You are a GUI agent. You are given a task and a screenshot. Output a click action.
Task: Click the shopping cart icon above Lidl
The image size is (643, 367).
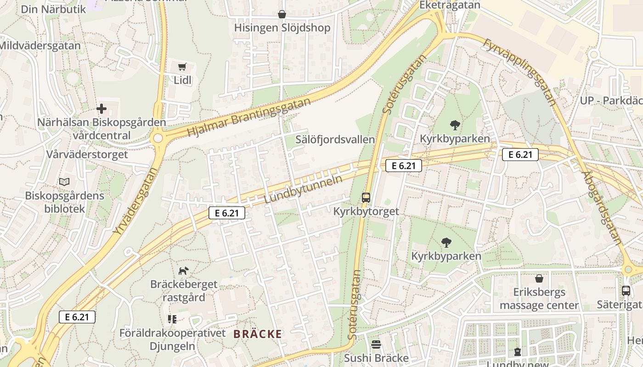click(x=182, y=67)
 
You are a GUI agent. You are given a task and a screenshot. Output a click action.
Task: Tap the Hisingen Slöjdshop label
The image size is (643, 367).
click(x=282, y=28)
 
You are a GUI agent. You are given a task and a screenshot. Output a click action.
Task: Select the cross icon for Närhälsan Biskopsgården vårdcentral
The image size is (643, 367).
click(x=102, y=109)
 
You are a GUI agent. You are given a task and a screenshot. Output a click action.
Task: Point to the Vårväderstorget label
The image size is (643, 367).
click(x=87, y=154)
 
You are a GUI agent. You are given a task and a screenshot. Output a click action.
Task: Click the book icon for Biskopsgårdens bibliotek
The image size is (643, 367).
click(x=65, y=182)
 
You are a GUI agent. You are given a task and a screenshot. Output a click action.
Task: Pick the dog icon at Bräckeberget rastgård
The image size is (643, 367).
click(x=184, y=271)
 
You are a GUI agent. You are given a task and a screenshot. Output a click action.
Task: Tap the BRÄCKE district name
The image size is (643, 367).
click(x=257, y=334)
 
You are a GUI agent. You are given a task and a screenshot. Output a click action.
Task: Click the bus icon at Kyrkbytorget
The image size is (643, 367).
click(x=366, y=198)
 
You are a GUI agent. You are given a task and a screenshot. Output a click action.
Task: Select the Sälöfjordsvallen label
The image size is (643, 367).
click(x=335, y=139)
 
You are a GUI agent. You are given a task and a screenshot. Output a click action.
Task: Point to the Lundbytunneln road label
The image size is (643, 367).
click(x=304, y=189)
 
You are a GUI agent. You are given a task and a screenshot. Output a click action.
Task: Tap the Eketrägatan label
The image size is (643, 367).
click(x=450, y=5)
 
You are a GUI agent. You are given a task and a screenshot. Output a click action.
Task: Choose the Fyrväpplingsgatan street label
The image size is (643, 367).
click(x=520, y=72)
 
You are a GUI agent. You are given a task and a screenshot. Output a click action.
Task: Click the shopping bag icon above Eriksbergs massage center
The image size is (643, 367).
click(x=539, y=278)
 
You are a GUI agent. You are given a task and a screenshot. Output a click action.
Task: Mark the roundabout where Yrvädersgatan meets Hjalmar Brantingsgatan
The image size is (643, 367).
click(x=158, y=138)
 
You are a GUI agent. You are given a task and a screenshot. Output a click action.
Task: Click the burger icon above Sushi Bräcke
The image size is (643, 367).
click(x=376, y=344)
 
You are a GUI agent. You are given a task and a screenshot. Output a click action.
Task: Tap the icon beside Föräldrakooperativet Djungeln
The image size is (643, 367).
click(x=172, y=319)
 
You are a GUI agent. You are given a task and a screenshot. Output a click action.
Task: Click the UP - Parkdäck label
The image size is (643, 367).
click(x=611, y=101)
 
